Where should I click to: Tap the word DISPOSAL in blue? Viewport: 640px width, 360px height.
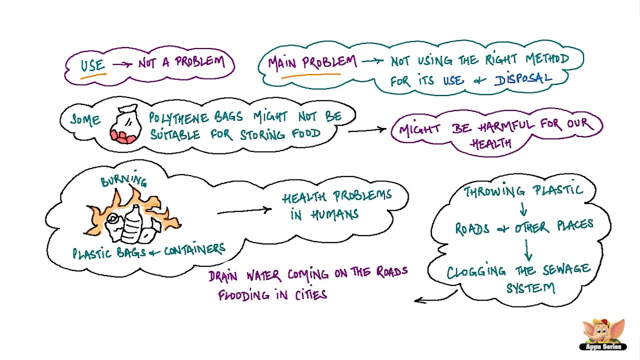523,79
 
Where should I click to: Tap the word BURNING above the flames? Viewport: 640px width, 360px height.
123,180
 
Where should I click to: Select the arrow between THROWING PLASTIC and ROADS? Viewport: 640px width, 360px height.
523,207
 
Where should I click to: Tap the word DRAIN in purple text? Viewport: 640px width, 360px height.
226,275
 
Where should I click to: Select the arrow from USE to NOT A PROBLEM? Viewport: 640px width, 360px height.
122,64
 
